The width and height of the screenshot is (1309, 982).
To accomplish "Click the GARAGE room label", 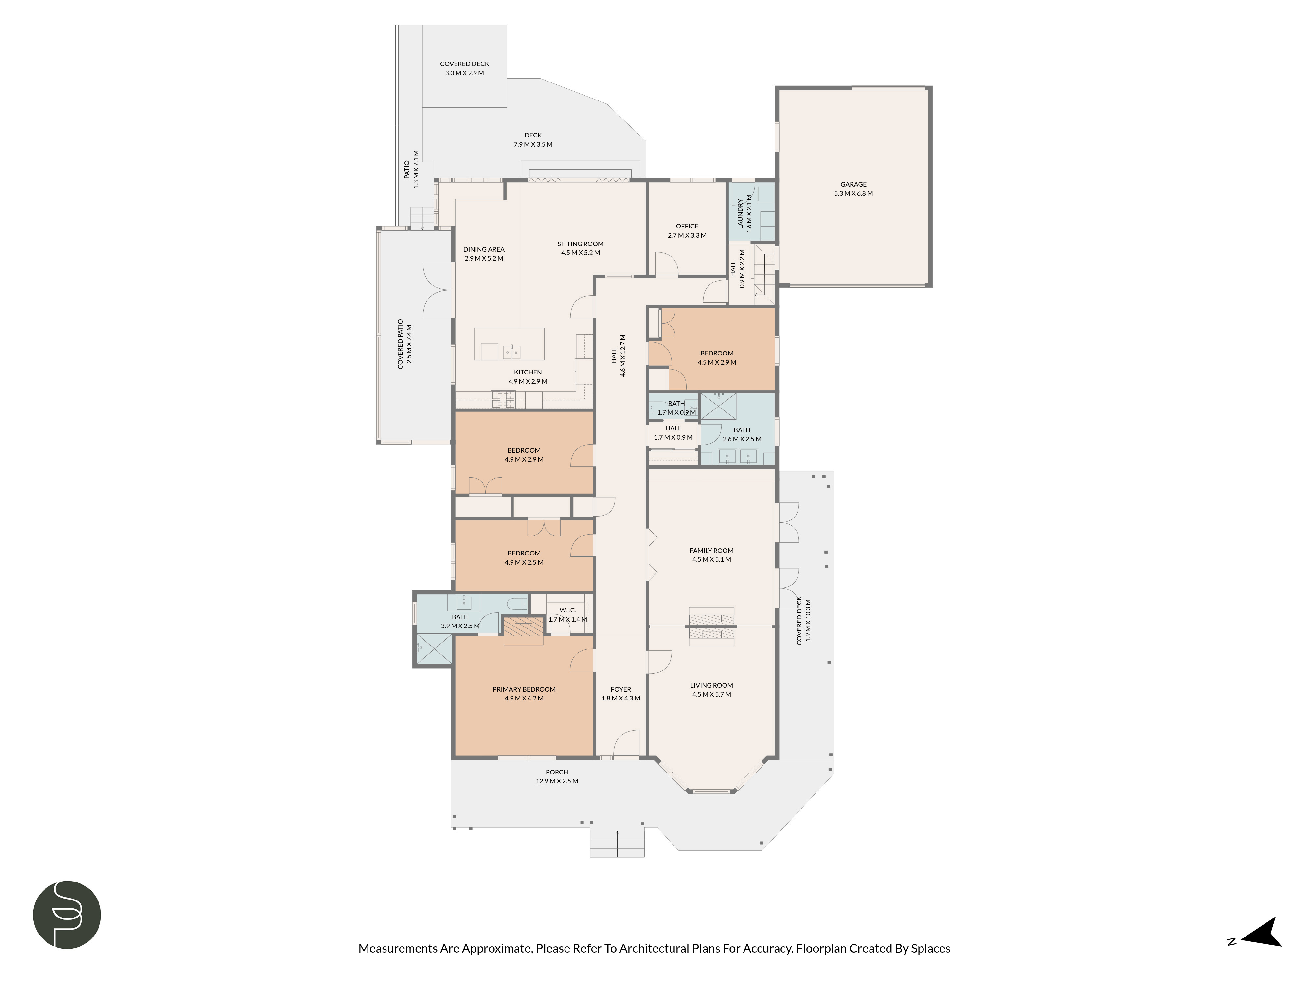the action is click(853, 184).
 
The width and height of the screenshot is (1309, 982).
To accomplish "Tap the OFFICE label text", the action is click(687, 226).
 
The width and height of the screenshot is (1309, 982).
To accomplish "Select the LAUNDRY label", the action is click(740, 214).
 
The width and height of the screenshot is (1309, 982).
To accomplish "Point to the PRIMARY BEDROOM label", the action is click(524, 689).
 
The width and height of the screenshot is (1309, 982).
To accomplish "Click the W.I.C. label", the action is click(567, 610).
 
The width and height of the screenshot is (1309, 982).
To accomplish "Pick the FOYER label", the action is click(621, 689).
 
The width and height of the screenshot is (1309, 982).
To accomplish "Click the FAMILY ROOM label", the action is click(711, 551).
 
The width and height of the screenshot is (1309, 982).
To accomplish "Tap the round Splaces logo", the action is click(67, 915).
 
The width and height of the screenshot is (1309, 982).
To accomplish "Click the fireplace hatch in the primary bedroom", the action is click(523, 626).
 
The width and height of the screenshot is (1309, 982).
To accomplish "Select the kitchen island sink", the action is click(511, 352).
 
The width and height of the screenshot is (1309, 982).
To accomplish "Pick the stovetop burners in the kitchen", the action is click(504, 400).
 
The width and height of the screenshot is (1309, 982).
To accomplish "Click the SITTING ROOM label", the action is click(581, 244).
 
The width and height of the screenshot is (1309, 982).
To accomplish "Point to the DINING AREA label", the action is click(483, 249).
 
